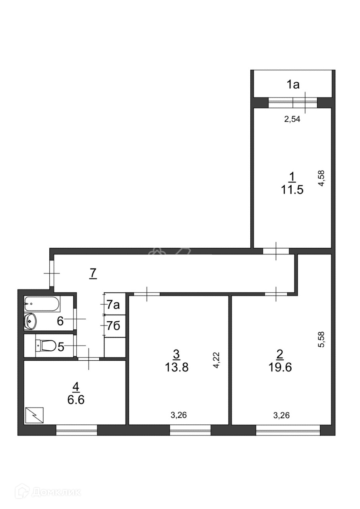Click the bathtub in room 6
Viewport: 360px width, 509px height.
coord(42,303)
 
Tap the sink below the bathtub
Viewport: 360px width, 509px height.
coord(30,321)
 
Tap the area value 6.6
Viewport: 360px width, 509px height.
coord(76,400)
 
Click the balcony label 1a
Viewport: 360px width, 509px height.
coord(293,85)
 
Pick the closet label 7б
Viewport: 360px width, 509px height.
coord(113,326)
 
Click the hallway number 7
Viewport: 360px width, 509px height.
coord(93,273)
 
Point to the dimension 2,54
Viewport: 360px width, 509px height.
coord(292,119)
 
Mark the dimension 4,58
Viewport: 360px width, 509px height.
coord(322,179)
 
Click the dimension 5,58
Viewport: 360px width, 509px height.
coord(322,340)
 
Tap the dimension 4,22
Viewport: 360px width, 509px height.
coord(217,360)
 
